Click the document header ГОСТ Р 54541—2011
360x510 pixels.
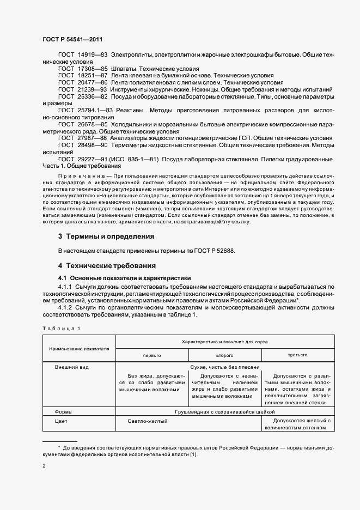coord(72,39)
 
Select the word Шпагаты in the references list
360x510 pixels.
coord(124,70)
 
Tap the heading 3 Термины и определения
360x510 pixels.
coord(106,237)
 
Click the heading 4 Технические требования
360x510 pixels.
coord(107,266)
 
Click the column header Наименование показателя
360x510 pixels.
coord(79,348)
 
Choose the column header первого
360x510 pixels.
coord(151,355)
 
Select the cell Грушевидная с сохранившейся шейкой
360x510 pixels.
coord(224,412)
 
